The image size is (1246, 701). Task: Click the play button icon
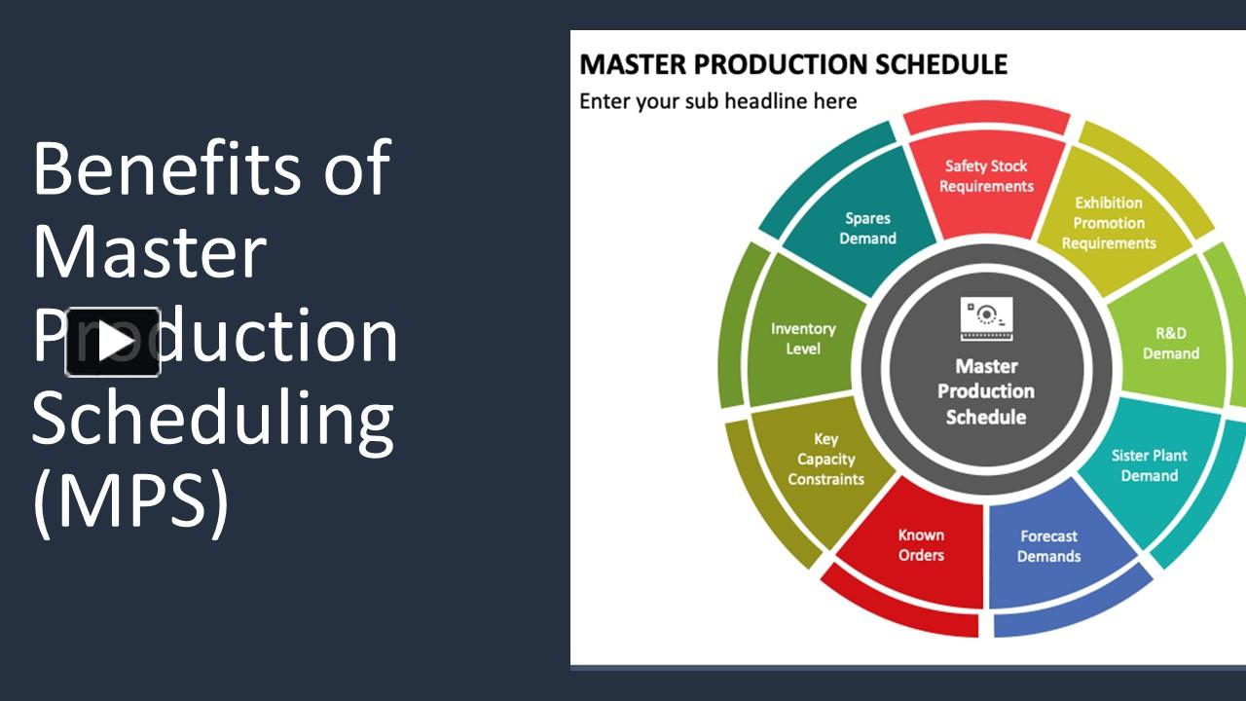pos(113,342)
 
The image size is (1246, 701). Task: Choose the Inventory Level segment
pos(803,339)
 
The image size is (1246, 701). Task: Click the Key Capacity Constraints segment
pos(825,460)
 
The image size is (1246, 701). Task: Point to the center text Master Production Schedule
pos(986,391)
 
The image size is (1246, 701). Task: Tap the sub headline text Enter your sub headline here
pos(717,101)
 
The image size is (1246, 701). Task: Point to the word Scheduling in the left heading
pos(212,419)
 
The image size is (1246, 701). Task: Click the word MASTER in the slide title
pos(634,65)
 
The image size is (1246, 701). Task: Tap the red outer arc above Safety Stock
pos(986,122)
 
